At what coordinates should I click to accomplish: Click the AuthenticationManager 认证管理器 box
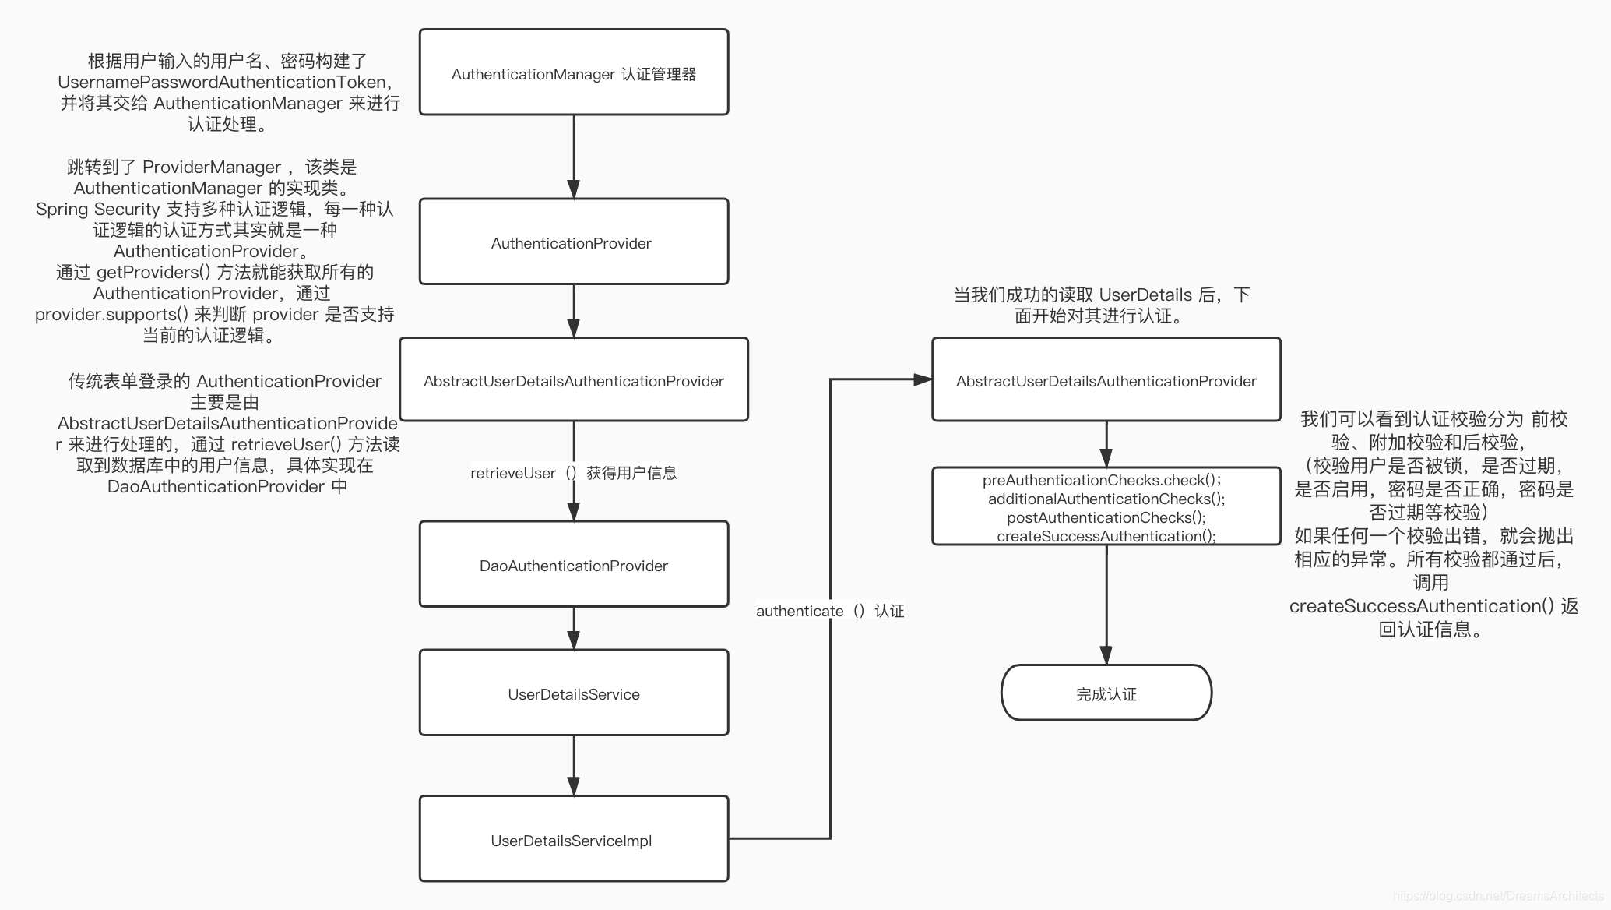point(574,73)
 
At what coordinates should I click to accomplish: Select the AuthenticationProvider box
point(574,242)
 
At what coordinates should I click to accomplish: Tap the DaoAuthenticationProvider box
point(574,565)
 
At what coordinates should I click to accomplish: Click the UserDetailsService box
point(574,693)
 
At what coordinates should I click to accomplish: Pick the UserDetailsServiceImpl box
point(574,839)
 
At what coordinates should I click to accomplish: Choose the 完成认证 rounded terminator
point(1106,693)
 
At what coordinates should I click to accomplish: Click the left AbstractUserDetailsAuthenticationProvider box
point(574,380)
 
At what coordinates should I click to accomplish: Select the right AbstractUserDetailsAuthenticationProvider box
point(1106,380)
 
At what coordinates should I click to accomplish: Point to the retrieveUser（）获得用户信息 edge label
point(574,473)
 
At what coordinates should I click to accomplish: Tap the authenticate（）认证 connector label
point(830,611)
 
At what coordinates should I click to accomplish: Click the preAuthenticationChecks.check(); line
point(1102,480)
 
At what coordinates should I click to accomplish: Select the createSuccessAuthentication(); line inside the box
point(1106,536)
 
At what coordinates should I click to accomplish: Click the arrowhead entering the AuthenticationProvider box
point(574,189)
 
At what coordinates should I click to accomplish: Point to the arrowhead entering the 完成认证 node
point(1106,655)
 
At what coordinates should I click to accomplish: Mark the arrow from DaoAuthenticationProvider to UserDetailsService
point(574,627)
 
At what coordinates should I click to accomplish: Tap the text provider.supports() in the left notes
point(111,315)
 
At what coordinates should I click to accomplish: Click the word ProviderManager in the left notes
point(212,168)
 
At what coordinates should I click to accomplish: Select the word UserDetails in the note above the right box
point(1145,295)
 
